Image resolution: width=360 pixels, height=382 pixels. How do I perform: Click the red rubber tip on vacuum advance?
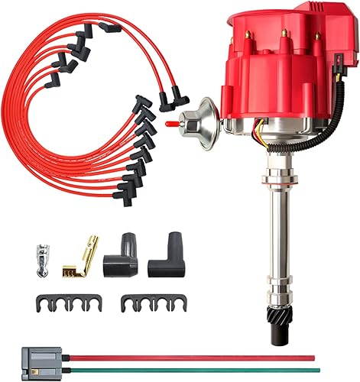(x=167, y=121)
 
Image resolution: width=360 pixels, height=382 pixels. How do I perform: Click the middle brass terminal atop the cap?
(x=285, y=33)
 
